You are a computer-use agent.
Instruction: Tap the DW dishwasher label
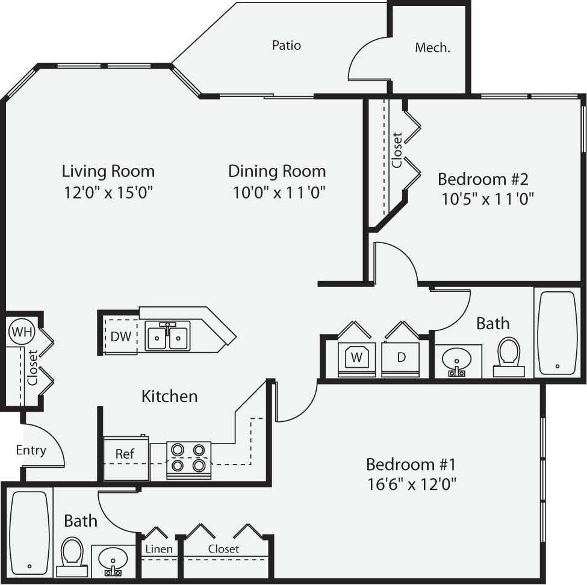120,336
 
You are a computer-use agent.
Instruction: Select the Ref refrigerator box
125,458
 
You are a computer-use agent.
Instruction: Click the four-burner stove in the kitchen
188,460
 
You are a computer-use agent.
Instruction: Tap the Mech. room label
432,48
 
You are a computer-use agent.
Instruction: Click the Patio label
287,45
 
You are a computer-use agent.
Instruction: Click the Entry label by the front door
31,450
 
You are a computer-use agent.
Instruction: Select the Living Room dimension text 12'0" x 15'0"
108,193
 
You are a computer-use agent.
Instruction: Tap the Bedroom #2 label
483,179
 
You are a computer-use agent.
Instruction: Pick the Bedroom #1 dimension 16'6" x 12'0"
411,484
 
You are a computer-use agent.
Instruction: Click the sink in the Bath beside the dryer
458,361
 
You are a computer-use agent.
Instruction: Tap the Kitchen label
169,396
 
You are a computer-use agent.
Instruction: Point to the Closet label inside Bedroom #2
397,149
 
